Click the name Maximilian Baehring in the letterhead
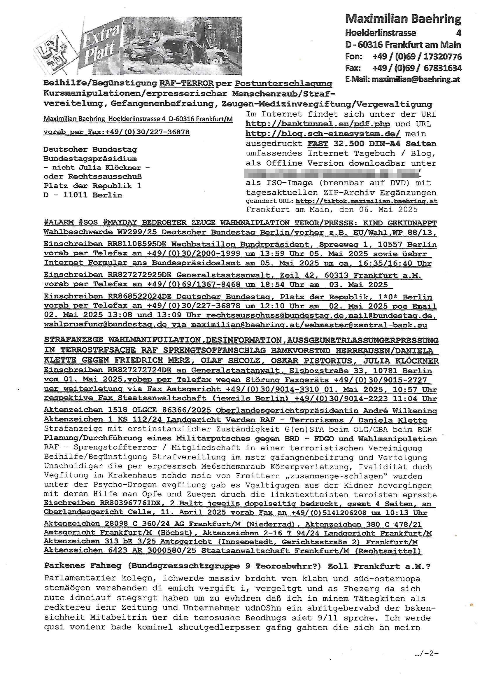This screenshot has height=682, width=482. pyautogui.click(x=403, y=19)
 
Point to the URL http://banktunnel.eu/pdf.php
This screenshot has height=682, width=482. pyautogui.click(x=318, y=124)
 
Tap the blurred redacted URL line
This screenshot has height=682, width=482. pyautogui.click(x=333, y=173)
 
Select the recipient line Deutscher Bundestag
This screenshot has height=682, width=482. pyautogui.click(x=90, y=149)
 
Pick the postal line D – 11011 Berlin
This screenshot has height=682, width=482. pyautogui.click(x=83, y=195)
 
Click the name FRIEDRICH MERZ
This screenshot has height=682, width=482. pyautogui.click(x=152, y=361)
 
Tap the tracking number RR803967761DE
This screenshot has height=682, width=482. pyautogui.click(x=137, y=503)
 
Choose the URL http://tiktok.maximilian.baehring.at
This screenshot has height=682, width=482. pyautogui.click(x=366, y=201)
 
